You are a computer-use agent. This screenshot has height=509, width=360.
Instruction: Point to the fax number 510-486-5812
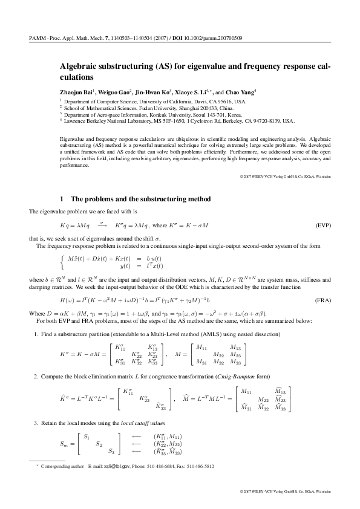coord(197,467)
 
